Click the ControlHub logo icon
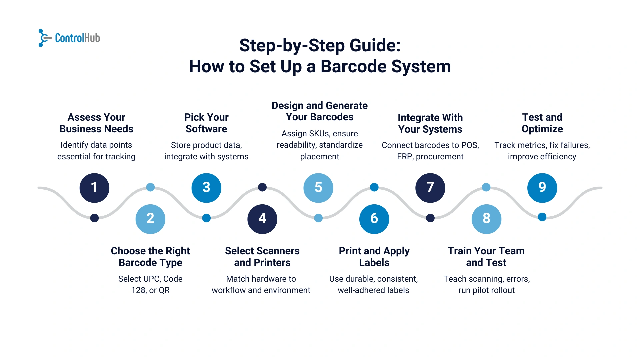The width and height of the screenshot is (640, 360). (x=44, y=38)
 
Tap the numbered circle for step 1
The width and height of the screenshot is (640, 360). (x=94, y=188)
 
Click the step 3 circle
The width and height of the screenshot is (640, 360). (x=206, y=188)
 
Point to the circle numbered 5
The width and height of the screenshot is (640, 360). (x=318, y=188)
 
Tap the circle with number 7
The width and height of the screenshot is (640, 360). (x=430, y=188)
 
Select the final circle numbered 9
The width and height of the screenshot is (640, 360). (x=542, y=188)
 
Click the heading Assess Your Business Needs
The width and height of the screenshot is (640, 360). (x=96, y=123)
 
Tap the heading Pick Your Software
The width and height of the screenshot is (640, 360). (x=206, y=123)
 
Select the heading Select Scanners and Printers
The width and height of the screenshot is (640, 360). (x=262, y=257)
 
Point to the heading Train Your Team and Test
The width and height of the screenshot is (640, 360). (x=486, y=257)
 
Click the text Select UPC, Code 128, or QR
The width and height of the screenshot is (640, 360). (x=150, y=284)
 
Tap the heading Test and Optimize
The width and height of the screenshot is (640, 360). (x=542, y=123)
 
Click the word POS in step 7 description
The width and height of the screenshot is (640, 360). (x=469, y=145)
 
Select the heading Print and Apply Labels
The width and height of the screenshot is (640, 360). (x=374, y=257)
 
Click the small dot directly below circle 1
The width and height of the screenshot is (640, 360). (x=94, y=218)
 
